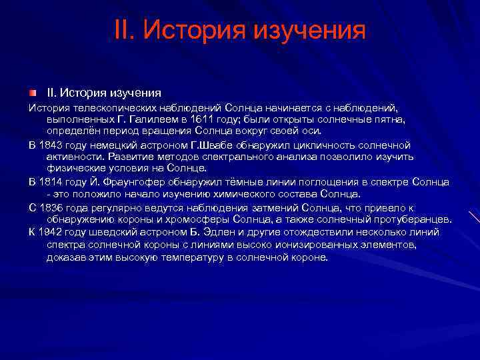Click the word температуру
coord(204,257)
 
